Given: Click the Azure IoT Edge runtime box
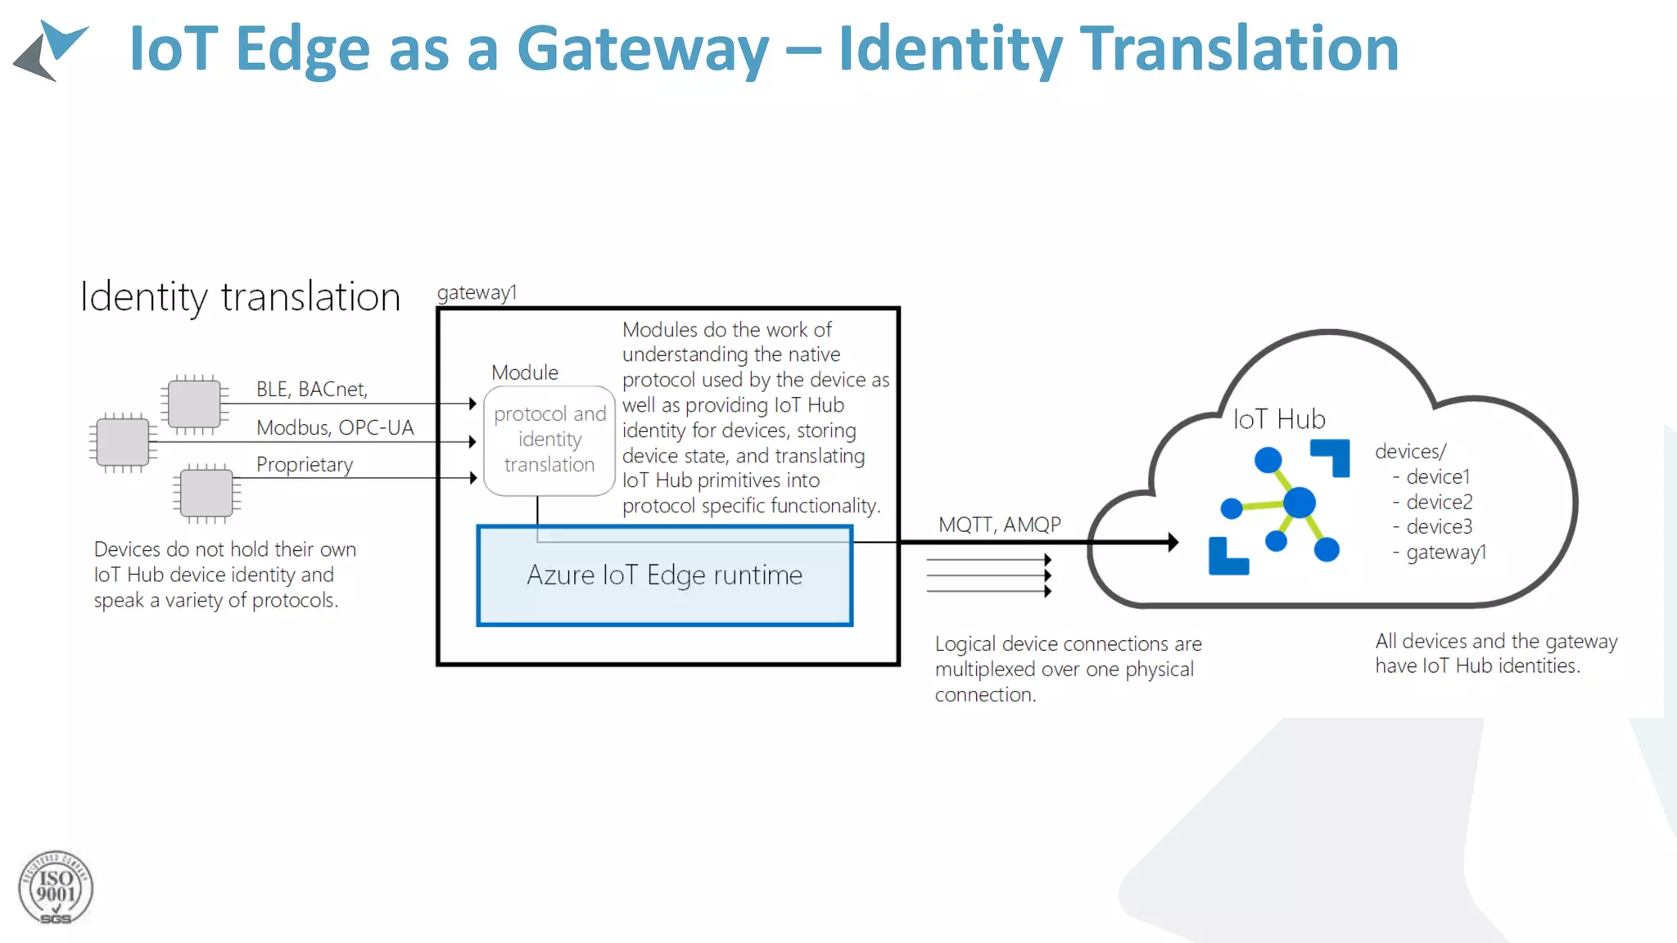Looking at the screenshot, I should (x=664, y=575).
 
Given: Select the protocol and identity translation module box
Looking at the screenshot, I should (x=549, y=440).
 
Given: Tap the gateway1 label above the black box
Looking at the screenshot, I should (x=477, y=292).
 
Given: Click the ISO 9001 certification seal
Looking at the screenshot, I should (x=56, y=888).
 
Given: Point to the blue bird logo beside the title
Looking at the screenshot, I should (x=51, y=50).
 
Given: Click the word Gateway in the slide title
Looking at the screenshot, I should (x=643, y=49).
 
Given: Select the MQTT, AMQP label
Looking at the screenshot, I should (x=999, y=525).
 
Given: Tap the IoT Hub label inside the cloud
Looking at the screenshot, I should (x=1279, y=419).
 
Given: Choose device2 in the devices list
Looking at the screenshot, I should (x=1439, y=502).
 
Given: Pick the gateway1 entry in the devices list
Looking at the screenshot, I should (x=1445, y=553).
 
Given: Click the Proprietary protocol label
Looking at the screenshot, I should (x=305, y=465).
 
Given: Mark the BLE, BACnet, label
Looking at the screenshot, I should (x=312, y=390).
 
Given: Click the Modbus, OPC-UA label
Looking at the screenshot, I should (x=335, y=427).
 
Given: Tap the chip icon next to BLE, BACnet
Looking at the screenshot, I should (x=194, y=404).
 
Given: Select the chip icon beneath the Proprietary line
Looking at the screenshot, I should (x=206, y=494).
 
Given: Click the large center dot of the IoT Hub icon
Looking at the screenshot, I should (x=1299, y=503).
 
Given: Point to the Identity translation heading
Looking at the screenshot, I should (x=240, y=296).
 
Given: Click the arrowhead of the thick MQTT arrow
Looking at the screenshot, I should (x=1173, y=542).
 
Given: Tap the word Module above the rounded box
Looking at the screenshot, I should (x=525, y=372).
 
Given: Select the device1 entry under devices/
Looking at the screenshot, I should (x=1438, y=476).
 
